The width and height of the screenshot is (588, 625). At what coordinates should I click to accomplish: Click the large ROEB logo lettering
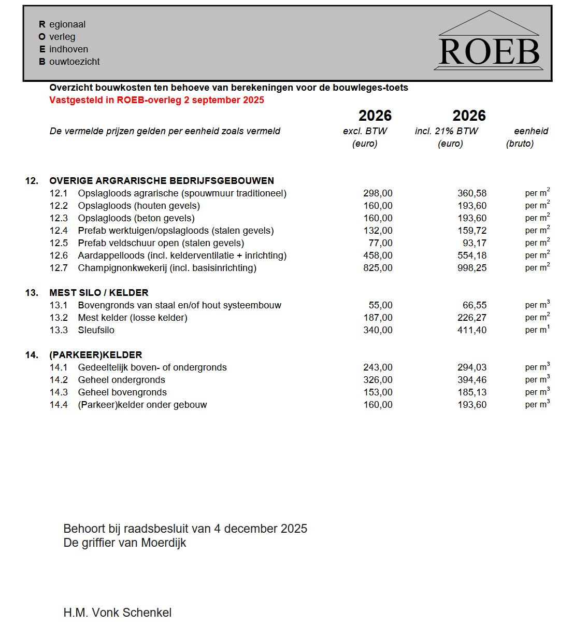click(x=489, y=52)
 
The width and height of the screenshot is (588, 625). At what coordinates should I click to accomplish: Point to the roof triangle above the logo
click(x=489, y=23)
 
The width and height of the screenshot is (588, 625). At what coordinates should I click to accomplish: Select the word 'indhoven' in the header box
click(x=68, y=49)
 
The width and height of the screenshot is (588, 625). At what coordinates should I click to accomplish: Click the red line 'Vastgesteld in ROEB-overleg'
click(x=156, y=100)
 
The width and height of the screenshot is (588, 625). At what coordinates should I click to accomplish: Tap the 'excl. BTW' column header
click(x=365, y=131)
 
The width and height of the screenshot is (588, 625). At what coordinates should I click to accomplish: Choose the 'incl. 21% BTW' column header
click(x=446, y=131)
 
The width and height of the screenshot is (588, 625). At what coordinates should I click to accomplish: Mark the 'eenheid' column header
click(x=530, y=131)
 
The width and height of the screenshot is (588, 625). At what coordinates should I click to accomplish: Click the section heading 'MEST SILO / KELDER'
click(x=99, y=293)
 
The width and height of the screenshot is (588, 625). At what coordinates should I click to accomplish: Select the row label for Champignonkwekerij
click(x=167, y=268)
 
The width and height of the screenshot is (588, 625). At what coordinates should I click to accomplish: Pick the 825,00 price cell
click(x=378, y=268)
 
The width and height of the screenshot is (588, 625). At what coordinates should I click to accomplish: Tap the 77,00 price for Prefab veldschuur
click(x=380, y=243)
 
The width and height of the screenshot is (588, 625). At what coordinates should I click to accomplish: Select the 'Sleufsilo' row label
click(x=96, y=330)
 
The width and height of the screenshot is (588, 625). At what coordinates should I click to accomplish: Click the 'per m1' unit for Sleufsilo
click(x=537, y=330)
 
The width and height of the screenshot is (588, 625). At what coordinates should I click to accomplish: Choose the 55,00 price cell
click(x=380, y=305)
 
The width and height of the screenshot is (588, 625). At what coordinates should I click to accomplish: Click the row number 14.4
click(x=59, y=405)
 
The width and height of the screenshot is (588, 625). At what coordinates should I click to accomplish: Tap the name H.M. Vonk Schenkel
click(x=117, y=613)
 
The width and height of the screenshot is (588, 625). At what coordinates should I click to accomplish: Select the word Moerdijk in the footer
click(x=163, y=543)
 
